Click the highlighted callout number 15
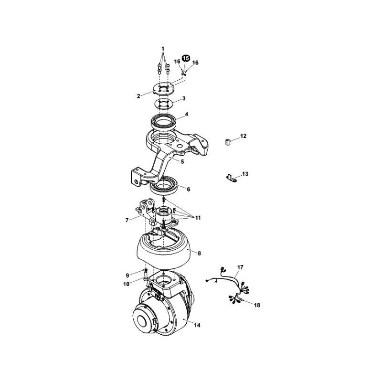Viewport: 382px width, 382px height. coord(186,58)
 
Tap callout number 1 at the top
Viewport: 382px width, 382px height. coord(163,49)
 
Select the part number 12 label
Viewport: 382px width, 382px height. coord(244,136)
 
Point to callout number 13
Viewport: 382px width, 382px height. coord(245,174)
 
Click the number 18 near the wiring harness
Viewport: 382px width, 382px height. coord(257,305)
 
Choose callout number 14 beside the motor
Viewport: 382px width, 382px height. coord(197,325)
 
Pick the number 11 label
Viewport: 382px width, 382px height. coord(198,218)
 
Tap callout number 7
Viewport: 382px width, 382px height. coord(127,220)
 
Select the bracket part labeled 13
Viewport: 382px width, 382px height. coord(231,178)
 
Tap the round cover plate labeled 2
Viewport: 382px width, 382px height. coord(163,89)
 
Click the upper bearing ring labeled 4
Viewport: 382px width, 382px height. coord(163,121)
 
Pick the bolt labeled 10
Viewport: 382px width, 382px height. coord(146,277)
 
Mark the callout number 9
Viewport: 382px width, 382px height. coord(127,276)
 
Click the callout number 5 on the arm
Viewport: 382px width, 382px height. coord(182,161)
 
